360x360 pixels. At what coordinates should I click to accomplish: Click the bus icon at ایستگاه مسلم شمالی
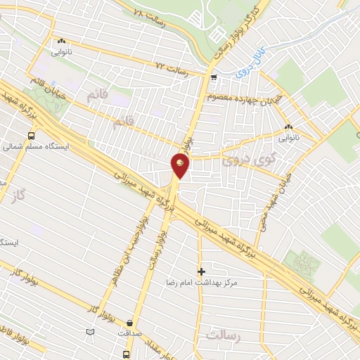(x=31, y=136)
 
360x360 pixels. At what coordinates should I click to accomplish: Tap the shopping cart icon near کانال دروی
(x=213, y=78)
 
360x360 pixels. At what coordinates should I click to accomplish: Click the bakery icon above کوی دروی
(x=288, y=127)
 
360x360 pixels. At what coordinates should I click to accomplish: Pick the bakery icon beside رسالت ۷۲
(x=62, y=41)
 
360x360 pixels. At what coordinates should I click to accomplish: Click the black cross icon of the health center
(x=201, y=271)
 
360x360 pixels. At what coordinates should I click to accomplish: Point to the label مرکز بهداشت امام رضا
(x=207, y=282)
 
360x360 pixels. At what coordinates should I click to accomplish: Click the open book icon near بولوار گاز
(x=89, y=331)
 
